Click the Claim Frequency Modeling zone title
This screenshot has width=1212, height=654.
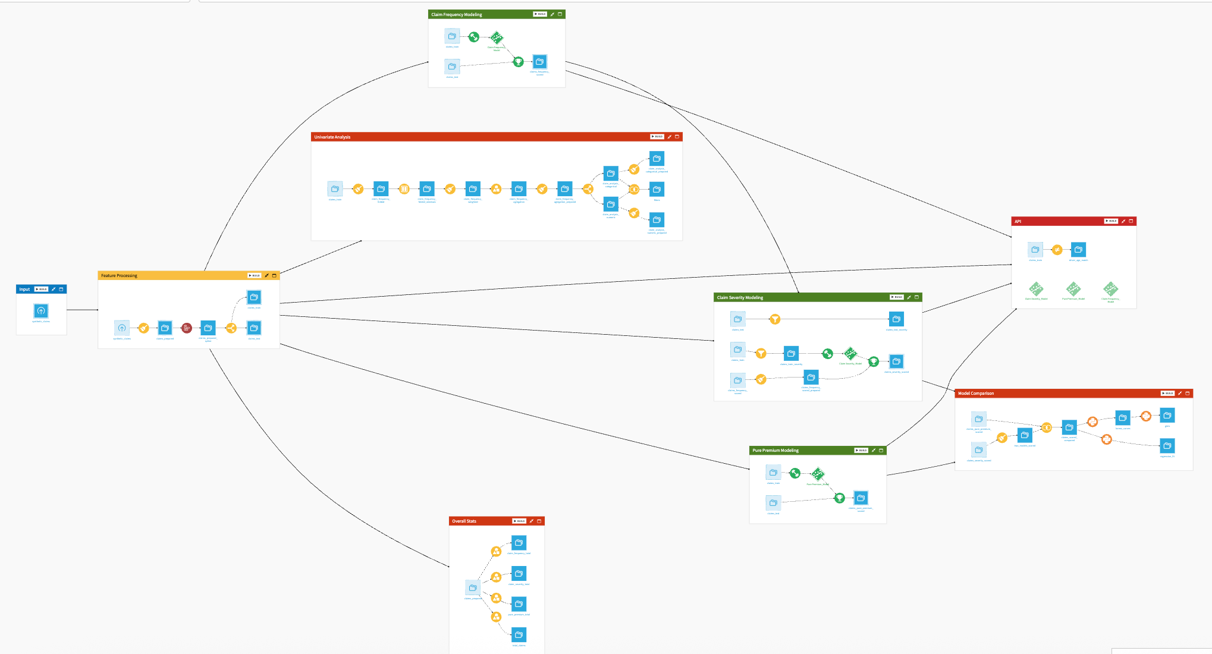click(x=456, y=14)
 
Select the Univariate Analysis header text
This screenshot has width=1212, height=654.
click(x=332, y=137)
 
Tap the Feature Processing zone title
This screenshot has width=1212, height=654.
click(x=119, y=276)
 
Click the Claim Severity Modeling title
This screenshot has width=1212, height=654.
click(x=739, y=298)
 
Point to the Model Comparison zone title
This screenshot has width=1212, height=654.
click(x=975, y=394)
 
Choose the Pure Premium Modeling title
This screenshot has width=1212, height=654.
click(x=775, y=451)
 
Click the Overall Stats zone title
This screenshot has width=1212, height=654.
click(x=464, y=521)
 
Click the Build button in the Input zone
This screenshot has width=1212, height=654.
click(x=41, y=290)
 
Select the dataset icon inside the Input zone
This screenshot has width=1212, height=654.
click(x=41, y=311)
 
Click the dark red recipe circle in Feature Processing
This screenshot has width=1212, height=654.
click(x=187, y=328)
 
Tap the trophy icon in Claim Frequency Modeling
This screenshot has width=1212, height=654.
click(x=518, y=61)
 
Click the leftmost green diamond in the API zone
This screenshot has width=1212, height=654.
click(x=1036, y=289)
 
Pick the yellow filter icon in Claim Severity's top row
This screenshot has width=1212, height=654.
click(x=775, y=319)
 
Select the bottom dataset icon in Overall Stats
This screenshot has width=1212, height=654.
click(x=519, y=635)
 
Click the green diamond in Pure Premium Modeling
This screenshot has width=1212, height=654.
click(x=818, y=474)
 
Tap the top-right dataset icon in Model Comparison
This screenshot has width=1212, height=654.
click(x=1167, y=416)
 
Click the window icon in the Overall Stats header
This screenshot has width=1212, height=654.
click(x=539, y=521)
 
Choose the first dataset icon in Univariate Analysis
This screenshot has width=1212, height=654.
click(x=335, y=189)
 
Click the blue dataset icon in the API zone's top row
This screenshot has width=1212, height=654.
click(x=1078, y=250)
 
